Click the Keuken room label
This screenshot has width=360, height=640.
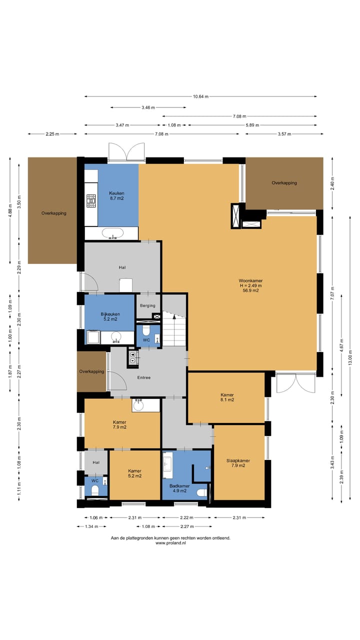[116, 193]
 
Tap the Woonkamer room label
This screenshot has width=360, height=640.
[250, 280]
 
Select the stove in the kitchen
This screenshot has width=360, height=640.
[91, 200]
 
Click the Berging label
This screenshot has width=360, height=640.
[147, 305]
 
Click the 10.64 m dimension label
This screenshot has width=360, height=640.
[200, 96]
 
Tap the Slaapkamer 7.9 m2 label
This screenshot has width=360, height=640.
[238, 463]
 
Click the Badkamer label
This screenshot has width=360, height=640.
[179, 485]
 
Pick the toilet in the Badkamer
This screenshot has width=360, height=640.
[202, 493]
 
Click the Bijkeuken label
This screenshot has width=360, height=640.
[110, 314]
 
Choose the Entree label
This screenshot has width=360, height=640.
[143, 377]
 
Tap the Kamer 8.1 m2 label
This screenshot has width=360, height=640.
[227, 397]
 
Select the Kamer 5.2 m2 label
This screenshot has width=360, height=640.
[134, 473]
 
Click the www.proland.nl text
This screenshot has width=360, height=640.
[170, 543]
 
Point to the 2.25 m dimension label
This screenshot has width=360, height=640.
[52, 134]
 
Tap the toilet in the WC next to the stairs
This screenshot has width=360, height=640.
[146, 330]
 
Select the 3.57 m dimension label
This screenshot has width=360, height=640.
[284, 134]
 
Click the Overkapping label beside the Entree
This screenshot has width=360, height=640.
[91, 371]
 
